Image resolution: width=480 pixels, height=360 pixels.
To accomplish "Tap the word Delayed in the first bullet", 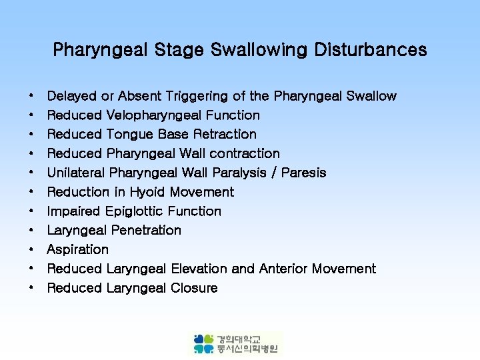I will coord(71,96).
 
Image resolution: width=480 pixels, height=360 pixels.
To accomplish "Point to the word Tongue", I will coord(130,135).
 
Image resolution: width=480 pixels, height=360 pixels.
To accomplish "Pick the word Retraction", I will coord(225,135).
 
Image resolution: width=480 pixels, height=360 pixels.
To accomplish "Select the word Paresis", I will coord(304,173).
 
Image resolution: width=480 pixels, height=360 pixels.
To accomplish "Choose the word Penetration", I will coord(146,230).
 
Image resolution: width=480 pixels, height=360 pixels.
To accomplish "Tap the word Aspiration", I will coord(77,249).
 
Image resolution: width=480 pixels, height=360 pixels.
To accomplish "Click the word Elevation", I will coord(199,269).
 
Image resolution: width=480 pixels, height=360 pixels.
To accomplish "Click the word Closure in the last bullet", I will coord(194,288).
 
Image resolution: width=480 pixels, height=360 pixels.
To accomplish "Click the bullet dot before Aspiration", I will coord(31,250).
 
